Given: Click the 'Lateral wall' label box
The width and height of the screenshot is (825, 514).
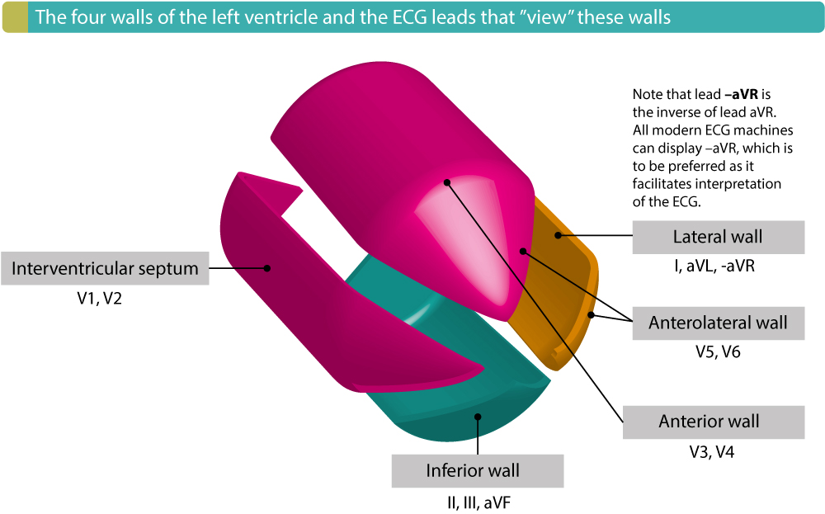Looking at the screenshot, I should [x=717, y=238].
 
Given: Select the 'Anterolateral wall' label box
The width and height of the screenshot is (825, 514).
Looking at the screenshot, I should [x=717, y=323].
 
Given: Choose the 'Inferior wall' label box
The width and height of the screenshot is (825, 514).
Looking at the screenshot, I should [x=477, y=471].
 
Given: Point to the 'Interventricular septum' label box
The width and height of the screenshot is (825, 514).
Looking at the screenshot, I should [x=105, y=268].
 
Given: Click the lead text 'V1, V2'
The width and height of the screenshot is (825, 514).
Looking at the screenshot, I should [x=99, y=299].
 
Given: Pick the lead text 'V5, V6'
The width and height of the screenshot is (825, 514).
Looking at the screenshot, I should [x=717, y=352].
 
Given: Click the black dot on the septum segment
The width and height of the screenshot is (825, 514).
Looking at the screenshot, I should [x=267, y=267].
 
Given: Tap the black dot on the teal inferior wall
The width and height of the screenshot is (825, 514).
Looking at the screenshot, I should [x=478, y=417].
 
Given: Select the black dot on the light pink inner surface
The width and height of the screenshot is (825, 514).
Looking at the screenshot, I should [x=447, y=182].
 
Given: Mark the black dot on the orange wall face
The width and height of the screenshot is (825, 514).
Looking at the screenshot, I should [x=559, y=235].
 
